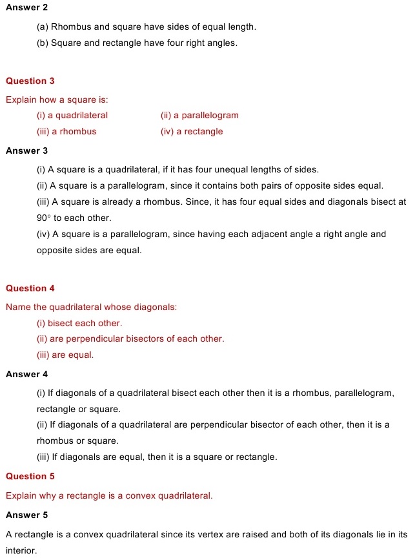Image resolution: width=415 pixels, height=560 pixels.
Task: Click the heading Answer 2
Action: tap(26, 7)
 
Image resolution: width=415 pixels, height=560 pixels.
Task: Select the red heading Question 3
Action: tap(30, 81)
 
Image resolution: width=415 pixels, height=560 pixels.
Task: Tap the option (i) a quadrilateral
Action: tap(72, 116)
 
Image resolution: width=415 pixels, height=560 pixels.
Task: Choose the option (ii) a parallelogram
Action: tap(199, 116)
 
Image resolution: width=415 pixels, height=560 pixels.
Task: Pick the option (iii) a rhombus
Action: tap(66, 132)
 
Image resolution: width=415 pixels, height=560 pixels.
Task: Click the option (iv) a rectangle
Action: tap(192, 132)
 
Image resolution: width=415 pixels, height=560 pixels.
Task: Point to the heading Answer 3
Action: tap(26, 151)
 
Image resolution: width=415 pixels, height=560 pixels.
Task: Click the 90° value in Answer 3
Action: tap(43, 218)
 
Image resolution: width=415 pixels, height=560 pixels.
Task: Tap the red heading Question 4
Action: tap(30, 289)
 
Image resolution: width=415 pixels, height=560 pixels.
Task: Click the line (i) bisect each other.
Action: tap(79, 323)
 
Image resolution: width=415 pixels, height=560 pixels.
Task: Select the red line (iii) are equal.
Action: tap(65, 355)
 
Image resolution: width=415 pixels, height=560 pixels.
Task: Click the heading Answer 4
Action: tap(26, 375)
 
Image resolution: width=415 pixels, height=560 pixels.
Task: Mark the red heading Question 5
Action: tap(30, 477)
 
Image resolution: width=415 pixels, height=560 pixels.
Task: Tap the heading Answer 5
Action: tap(26, 515)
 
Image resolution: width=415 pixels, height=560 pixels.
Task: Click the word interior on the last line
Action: tap(20, 551)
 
